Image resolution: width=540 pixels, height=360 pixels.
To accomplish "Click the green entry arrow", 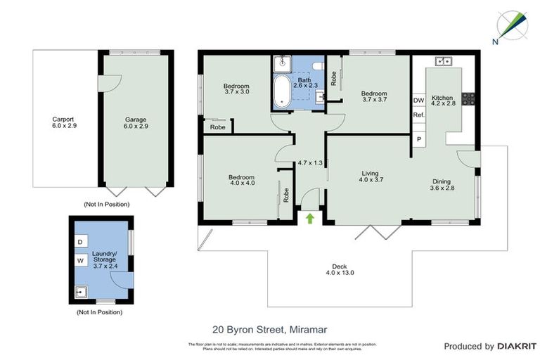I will pos(310,218).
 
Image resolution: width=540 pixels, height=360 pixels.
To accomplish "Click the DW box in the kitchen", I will pos(418,101).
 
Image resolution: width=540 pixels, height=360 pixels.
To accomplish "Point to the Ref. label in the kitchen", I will pos(418,115).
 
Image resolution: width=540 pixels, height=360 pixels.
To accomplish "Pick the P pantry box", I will pos(418,139).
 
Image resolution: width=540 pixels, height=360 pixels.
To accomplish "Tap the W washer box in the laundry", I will pos(80,261).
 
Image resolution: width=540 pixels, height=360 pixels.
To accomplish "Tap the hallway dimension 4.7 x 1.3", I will pos(310,163).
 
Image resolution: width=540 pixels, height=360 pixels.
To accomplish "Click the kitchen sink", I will pos(443,62).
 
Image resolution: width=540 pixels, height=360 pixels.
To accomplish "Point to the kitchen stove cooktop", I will pos(469,97).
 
